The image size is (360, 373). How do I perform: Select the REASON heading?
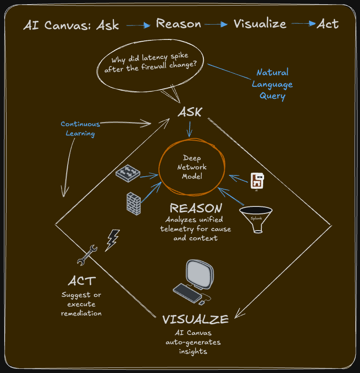196,208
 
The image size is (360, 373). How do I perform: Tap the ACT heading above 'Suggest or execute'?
82,281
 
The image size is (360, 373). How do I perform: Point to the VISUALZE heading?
195,319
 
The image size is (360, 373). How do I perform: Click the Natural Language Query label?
272,84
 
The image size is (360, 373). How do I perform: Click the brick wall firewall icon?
133,203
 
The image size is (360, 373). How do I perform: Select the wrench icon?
87,255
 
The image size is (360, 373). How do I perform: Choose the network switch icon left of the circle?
127,173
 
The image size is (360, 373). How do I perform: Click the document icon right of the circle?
257,181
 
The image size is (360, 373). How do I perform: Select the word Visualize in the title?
259,24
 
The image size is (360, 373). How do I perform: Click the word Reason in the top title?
178,24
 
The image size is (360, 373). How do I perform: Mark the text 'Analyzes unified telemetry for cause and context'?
196,229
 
